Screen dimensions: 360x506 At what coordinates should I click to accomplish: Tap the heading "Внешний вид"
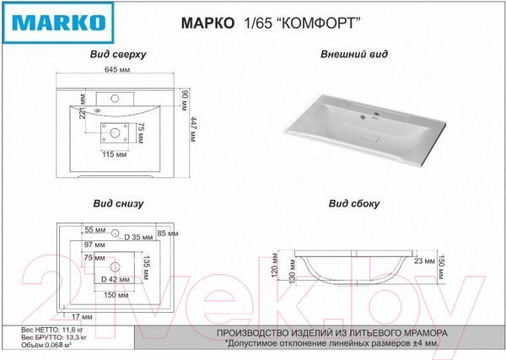354,54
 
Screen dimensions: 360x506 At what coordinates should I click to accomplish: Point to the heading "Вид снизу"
118,203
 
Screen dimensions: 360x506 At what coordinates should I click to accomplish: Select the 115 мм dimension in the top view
114,154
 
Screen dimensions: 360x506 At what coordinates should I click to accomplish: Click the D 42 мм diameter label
115,278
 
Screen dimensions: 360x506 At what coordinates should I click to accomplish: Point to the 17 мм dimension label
82,316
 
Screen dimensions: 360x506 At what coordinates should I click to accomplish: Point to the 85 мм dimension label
167,234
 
